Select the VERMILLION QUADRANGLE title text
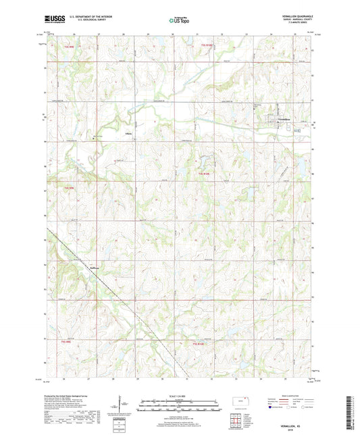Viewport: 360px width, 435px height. tap(291, 17)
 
